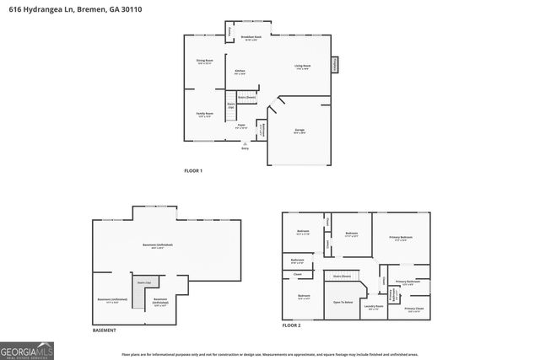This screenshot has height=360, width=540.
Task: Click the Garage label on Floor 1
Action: coord(300,131)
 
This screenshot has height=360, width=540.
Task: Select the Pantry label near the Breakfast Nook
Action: coord(229,32)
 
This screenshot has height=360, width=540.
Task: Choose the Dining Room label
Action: coord(204,62)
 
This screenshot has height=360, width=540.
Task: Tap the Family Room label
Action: coord(204,114)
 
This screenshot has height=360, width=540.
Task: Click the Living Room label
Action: coord(302,67)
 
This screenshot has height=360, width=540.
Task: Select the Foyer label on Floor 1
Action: coord(240,127)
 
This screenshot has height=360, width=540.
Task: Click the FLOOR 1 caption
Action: coord(193,171)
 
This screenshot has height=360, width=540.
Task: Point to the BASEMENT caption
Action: coord(104,330)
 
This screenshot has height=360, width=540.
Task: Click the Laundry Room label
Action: coord(374,306)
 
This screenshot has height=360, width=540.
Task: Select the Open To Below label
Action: coord(343,302)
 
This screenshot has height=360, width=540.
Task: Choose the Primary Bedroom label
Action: coord(401,239)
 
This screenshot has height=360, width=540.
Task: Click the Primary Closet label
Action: coord(413,309)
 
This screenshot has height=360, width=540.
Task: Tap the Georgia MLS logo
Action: coord(28,347)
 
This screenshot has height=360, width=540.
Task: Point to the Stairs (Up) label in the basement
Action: coord(145,282)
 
